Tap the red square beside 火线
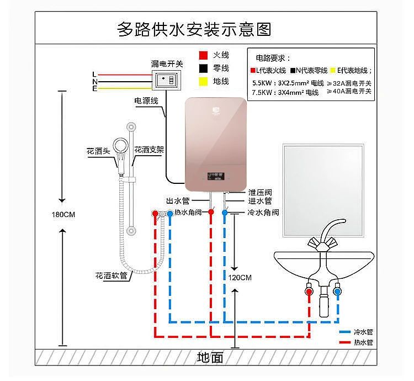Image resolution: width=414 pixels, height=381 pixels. [x=203, y=55]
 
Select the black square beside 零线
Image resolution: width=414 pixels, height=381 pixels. [x=203, y=68]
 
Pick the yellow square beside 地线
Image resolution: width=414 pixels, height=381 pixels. [x=203, y=82]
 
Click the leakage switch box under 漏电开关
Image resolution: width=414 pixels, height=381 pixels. [x=167, y=80]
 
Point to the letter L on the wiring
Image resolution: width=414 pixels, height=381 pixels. [x=94, y=75]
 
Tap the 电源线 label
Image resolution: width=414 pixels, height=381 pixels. [x=146, y=101]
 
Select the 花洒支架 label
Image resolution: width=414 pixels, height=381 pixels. [x=149, y=150]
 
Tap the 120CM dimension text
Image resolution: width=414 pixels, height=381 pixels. [x=240, y=277]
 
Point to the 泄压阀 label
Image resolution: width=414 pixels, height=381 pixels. [x=259, y=192]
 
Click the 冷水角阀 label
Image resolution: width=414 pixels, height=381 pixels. [x=263, y=212]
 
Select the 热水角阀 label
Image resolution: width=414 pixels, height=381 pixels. [x=188, y=212]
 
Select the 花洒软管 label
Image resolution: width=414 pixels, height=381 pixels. [x=111, y=274]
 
